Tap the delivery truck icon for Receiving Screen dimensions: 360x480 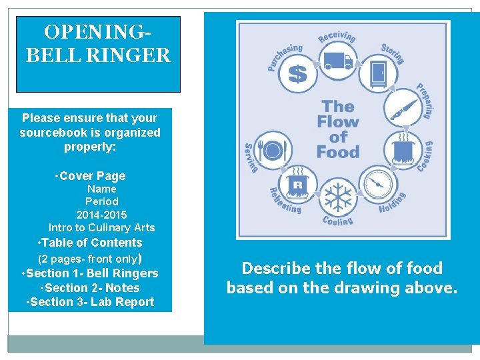click(338, 61)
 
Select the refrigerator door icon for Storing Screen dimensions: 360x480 click(378, 72)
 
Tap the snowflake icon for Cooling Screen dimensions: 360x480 click(337, 198)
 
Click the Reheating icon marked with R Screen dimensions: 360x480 click(297, 184)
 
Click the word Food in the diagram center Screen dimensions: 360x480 click(338, 151)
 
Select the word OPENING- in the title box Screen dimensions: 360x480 click(97, 32)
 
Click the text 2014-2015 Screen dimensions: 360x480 click(101, 215)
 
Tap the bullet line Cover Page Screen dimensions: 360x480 click(92, 176)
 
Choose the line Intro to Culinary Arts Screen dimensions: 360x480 click(101, 228)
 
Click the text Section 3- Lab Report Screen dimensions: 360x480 click(91, 302)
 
